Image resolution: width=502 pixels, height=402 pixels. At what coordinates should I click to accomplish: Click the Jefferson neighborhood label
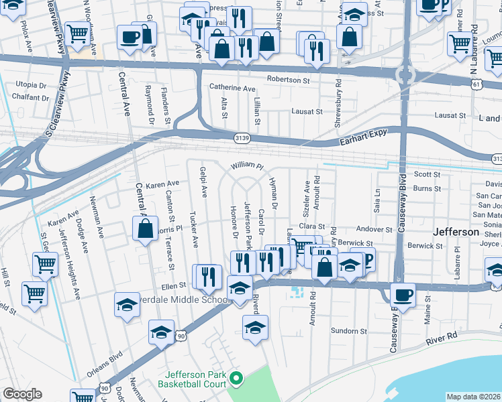click(456, 232)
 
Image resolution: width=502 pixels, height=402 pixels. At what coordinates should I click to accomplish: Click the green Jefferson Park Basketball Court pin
click(235, 379)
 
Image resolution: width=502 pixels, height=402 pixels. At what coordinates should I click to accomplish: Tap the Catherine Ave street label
click(232, 88)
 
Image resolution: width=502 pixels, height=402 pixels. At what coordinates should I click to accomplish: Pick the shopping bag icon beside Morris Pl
click(146, 230)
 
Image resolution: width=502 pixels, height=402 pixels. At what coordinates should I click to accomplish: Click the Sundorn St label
click(349, 331)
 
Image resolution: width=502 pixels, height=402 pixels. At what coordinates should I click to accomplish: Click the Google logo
click(22, 395)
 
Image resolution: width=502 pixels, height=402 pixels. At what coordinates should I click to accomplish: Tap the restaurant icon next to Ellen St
click(207, 276)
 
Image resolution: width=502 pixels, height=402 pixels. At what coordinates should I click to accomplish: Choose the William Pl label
click(248, 165)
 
